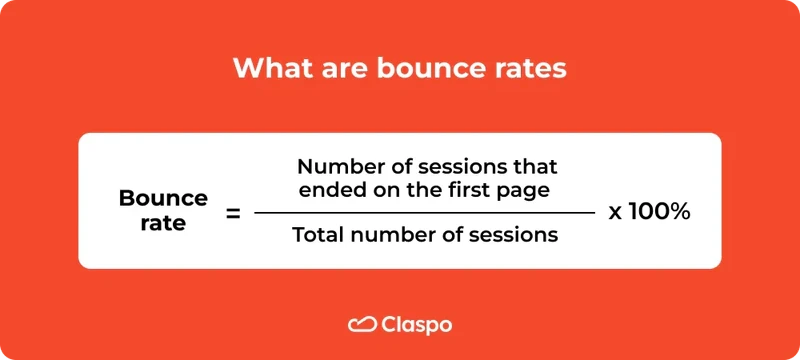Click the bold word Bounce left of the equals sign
(x=163, y=198)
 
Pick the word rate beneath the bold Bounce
(x=163, y=223)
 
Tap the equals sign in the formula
(x=232, y=212)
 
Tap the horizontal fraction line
(x=424, y=212)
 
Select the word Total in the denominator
(x=319, y=236)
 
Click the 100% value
(x=659, y=212)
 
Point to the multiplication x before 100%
(x=615, y=213)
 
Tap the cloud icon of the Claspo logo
(x=361, y=324)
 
